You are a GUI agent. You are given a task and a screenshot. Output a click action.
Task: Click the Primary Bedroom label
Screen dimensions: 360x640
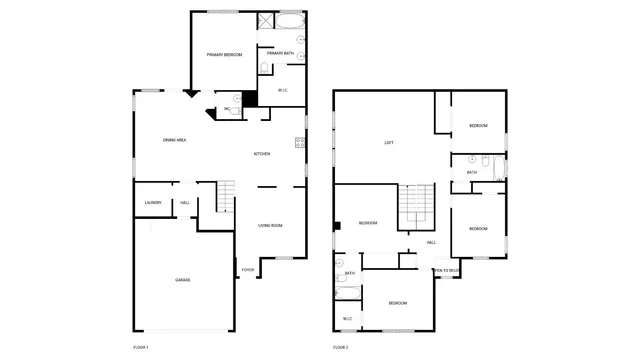coord(224,54)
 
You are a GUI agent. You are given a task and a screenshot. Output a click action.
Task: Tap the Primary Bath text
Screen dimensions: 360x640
coord(280,53)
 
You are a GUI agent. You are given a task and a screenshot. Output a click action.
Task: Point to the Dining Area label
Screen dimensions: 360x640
coord(175,140)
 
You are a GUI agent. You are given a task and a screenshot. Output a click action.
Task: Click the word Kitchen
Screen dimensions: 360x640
coord(262,154)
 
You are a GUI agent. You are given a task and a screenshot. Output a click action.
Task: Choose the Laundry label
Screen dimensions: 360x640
coord(153,203)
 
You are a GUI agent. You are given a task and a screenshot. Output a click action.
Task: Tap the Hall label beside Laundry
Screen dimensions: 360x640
coord(185,203)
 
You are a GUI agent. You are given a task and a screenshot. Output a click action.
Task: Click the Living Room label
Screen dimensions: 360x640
coord(270,226)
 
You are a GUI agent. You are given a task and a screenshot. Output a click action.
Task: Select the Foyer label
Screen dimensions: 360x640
coord(247,270)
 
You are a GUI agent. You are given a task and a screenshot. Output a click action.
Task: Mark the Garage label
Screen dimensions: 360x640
coord(182,279)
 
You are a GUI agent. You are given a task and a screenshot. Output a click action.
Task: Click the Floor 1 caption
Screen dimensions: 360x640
coord(140,347)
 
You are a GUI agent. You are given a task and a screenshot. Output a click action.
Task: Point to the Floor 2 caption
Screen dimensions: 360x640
coord(340,347)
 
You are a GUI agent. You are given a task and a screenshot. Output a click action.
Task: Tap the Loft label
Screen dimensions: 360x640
coord(389,143)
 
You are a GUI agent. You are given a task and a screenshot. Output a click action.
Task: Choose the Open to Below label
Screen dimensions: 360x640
coord(447,270)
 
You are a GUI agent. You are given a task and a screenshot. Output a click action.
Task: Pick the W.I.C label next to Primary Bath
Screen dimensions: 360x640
coord(283,92)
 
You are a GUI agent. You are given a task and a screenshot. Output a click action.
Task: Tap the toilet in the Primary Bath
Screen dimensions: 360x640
coord(263,68)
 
